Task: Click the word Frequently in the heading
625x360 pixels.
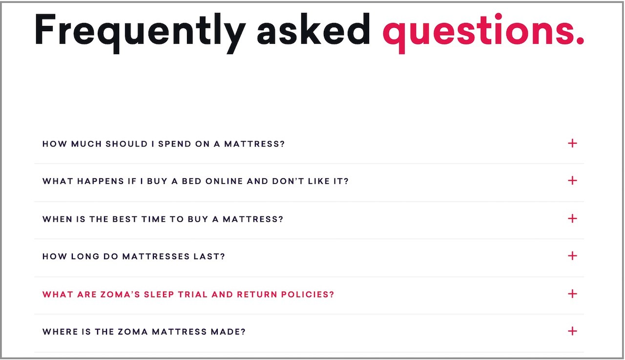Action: click(140, 32)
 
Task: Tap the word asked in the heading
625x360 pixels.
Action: click(313, 29)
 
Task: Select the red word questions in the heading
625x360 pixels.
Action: click(483, 33)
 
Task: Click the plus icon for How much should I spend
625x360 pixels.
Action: click(572, 143)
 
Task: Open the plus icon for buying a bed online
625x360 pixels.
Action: click(572, 181)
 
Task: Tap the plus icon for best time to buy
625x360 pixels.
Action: click(572, 218)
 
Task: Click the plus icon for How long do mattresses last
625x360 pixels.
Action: click(572, 255)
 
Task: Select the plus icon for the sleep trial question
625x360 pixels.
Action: click(572, 294)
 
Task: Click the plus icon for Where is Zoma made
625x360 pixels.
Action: click(572, 331)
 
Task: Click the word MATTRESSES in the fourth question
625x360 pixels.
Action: click(156, 256)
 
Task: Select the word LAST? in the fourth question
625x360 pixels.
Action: click(209, 256)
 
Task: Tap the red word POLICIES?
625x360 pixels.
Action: click(308, 295)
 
